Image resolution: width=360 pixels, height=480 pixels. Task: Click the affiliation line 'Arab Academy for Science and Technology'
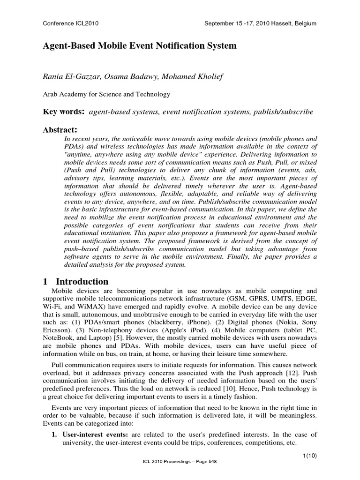(107, 94)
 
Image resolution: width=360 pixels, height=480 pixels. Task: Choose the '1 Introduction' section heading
(75, 282)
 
